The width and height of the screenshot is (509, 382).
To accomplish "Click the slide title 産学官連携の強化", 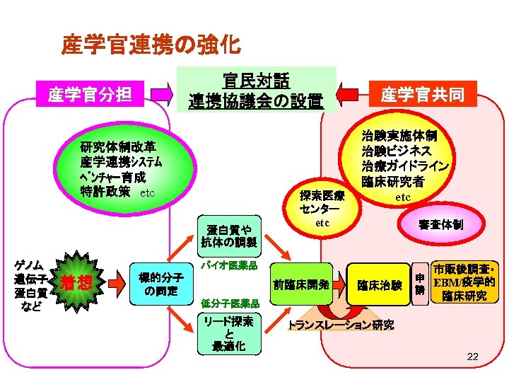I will point(151,45).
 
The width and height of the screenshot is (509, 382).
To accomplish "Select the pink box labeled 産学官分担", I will point(90,93).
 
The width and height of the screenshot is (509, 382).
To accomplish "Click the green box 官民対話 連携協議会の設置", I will point(255,90).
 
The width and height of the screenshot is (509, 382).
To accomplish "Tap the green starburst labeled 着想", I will point(76,283).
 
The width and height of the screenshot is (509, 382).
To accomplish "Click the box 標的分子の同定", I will point(160,284).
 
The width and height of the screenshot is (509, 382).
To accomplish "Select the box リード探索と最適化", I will point(228,334).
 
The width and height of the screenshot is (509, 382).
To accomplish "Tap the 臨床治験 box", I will point(379,285).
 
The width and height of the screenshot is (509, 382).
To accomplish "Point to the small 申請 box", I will point(419,284).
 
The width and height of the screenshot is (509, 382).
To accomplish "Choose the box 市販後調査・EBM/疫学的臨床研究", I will point(464,283).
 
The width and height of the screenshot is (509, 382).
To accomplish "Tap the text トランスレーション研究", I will point(340,326).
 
